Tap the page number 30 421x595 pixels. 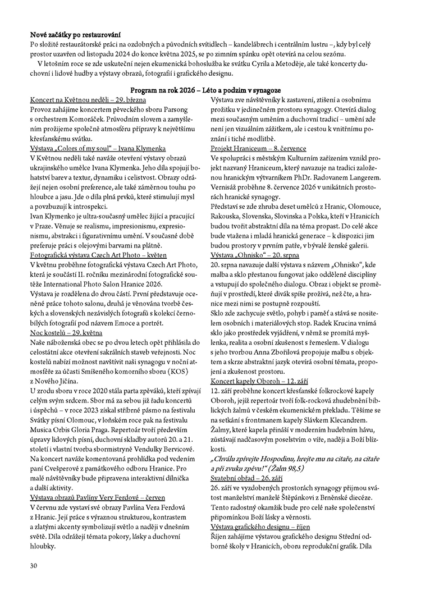coord(34,565)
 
